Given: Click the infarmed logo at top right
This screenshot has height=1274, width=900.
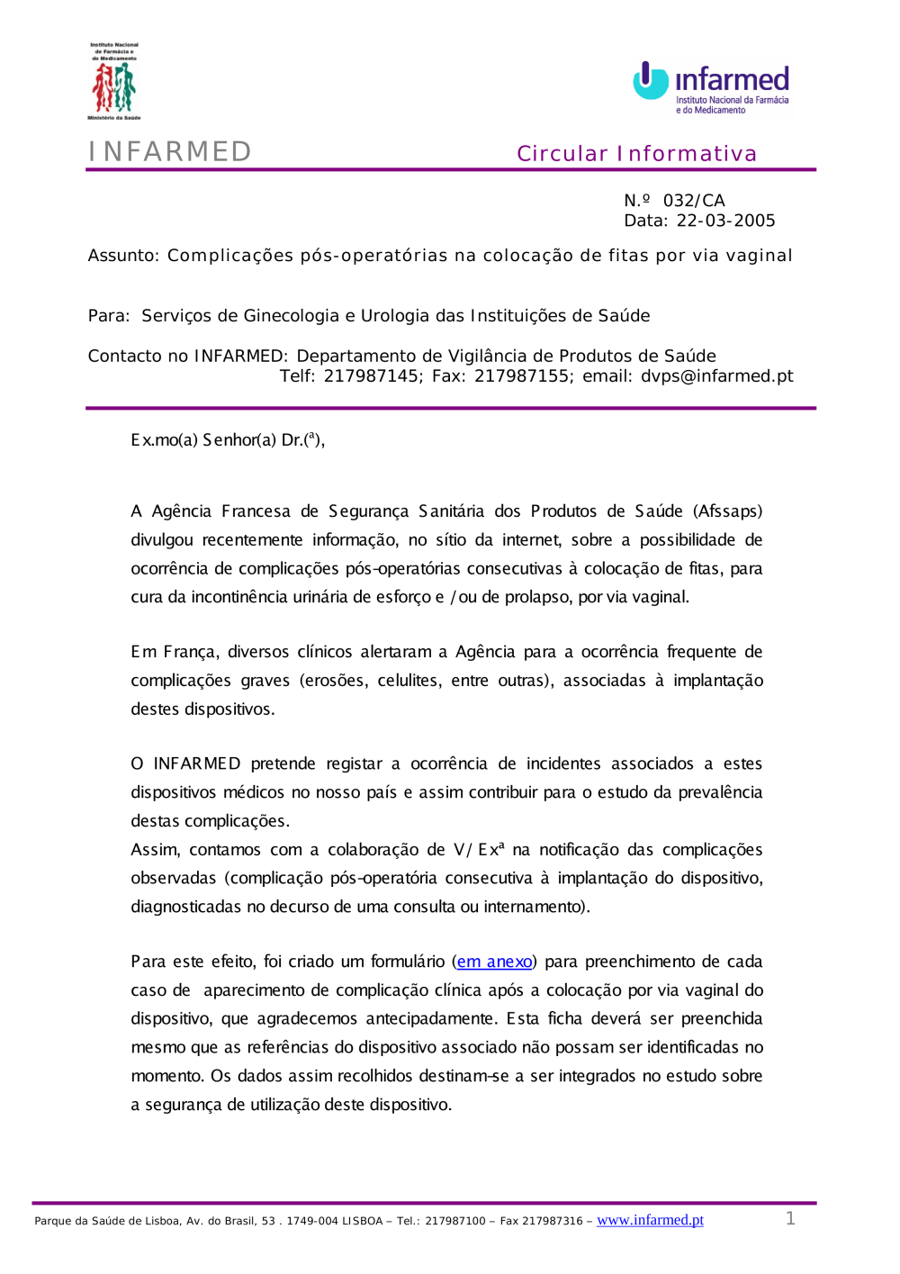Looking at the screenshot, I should (x=711, y=87).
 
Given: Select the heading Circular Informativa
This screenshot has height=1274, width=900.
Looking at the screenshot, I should (x=636, y=154).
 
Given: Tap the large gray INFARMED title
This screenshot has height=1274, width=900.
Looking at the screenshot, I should (x=170, y=151).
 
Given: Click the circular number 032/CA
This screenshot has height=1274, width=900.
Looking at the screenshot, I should (x=694, y=201).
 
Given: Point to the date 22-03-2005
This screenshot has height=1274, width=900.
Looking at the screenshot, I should (x=725, y=221).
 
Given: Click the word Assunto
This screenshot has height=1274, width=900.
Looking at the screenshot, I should (x=122, y=256).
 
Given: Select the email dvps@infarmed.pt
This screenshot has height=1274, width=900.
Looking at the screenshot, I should (x=716, y=376).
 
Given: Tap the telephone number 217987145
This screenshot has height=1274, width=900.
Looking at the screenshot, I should (x=371, y=376).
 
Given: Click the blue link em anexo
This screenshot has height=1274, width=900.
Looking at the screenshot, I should (x=494, y=962).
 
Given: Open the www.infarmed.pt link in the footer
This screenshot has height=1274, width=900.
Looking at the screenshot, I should (x=650, y=1220).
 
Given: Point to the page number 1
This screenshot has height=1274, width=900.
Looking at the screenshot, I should (x=790, y=1218).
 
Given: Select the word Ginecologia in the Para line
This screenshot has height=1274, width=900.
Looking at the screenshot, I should (x=292, y=316).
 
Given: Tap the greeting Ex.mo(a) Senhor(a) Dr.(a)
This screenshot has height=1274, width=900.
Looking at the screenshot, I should (x=227, y=440).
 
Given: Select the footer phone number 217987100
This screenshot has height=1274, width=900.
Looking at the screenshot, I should (x=455, y=1222).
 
